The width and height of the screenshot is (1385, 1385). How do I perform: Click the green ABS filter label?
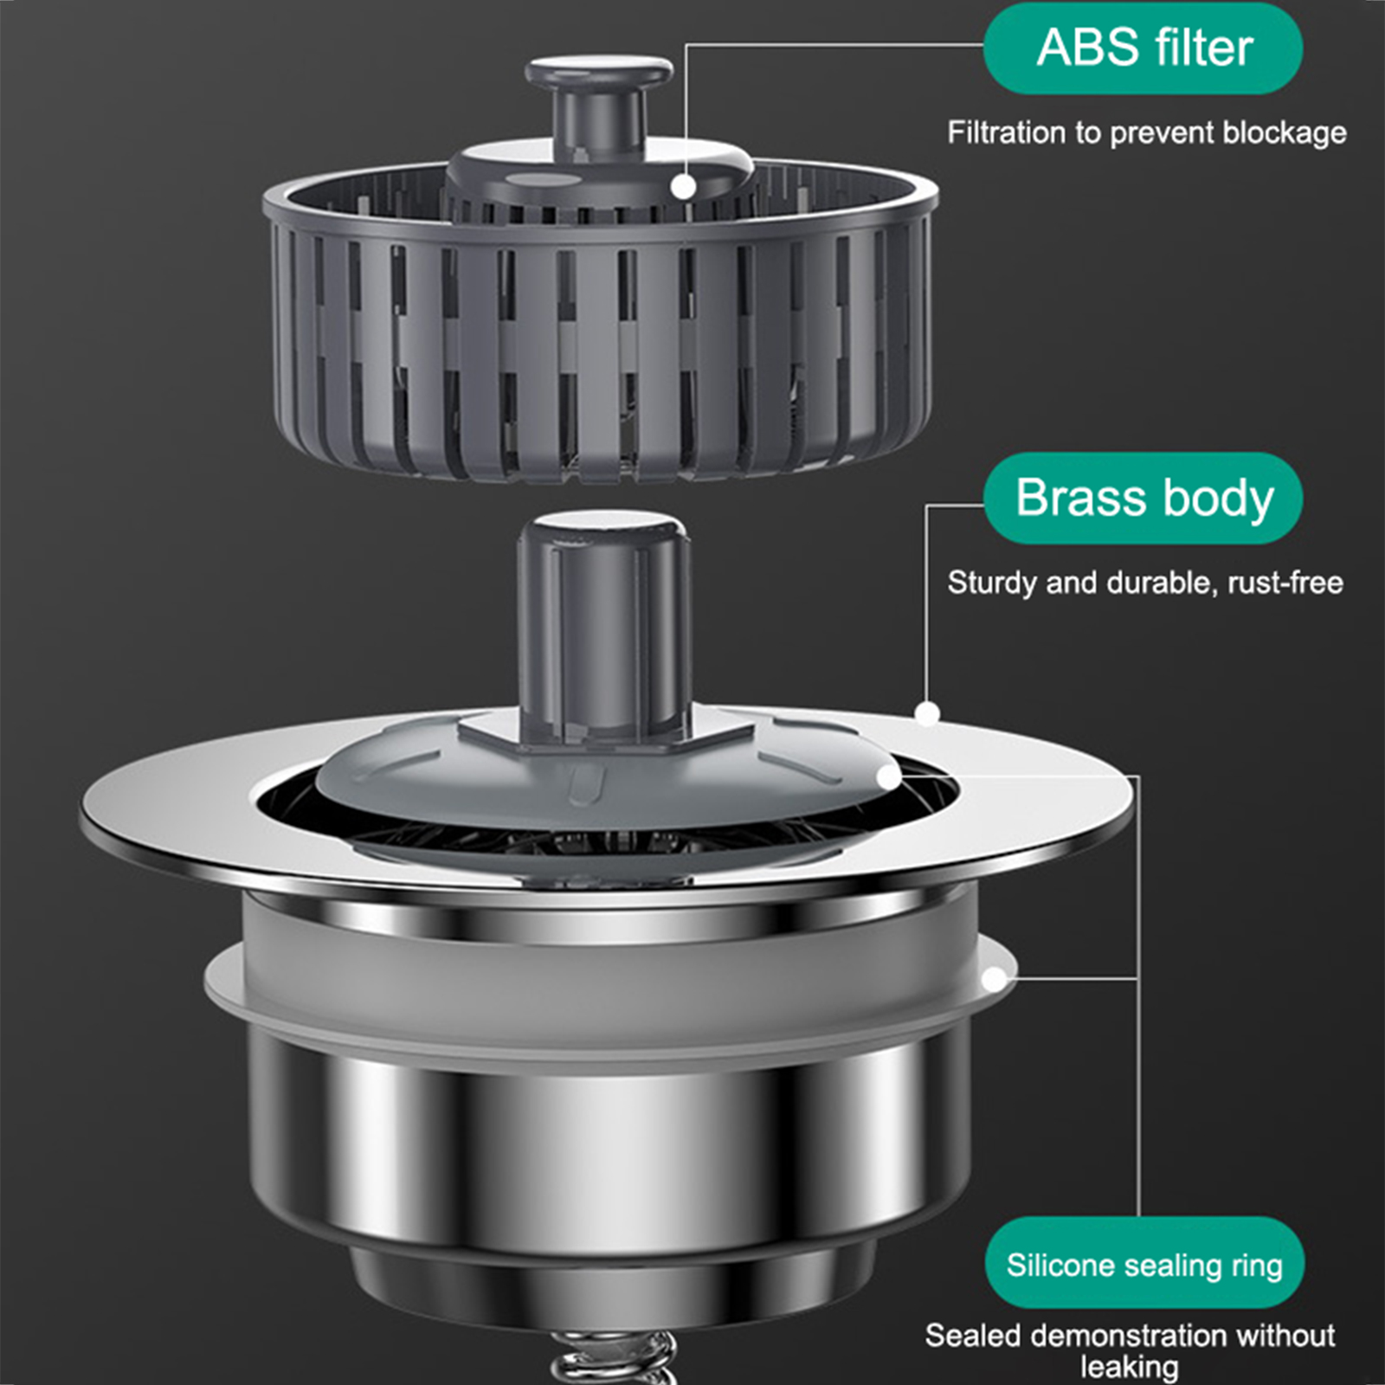[x=1143, y=48]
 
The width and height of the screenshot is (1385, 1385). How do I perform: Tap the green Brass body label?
[x=1143, y=499]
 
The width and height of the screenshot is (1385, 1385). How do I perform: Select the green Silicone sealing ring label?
[x=1144, y=1265]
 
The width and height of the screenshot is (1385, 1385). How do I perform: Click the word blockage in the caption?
[x=1285, y=132]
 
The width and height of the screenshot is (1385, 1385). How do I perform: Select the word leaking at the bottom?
[x=1130, y=1367]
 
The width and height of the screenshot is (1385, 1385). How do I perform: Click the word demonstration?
[x=1129, y=1336]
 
